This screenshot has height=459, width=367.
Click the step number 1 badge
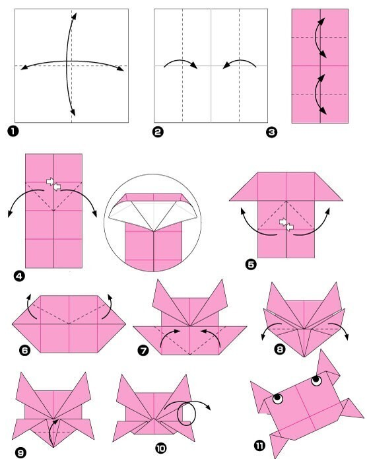[13, 131]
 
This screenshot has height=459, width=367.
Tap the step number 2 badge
[158, 131]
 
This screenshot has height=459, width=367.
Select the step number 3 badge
[271, 132]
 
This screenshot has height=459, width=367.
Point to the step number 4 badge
[19, 276]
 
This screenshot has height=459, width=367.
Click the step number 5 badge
[251, 264]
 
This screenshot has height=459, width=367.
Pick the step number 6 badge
[24, 350]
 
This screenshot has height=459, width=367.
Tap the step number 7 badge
[143, 351]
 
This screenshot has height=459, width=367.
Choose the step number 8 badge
[280, 349]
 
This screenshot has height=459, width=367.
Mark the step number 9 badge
[20, 453]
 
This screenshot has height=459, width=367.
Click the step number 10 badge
[160, 448]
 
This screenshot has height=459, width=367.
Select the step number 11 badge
[259, 446]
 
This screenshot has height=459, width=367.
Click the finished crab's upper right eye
[316, 380]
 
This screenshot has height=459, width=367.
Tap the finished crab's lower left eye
[278, 398]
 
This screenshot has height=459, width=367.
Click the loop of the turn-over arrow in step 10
[178, 414]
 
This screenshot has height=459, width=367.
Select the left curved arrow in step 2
[181, 61]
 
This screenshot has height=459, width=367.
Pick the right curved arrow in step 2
[240, 61]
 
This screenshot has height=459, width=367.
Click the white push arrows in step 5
[286, 225]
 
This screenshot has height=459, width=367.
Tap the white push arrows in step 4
[53, 184]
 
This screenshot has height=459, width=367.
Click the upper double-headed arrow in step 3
[316, 38]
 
